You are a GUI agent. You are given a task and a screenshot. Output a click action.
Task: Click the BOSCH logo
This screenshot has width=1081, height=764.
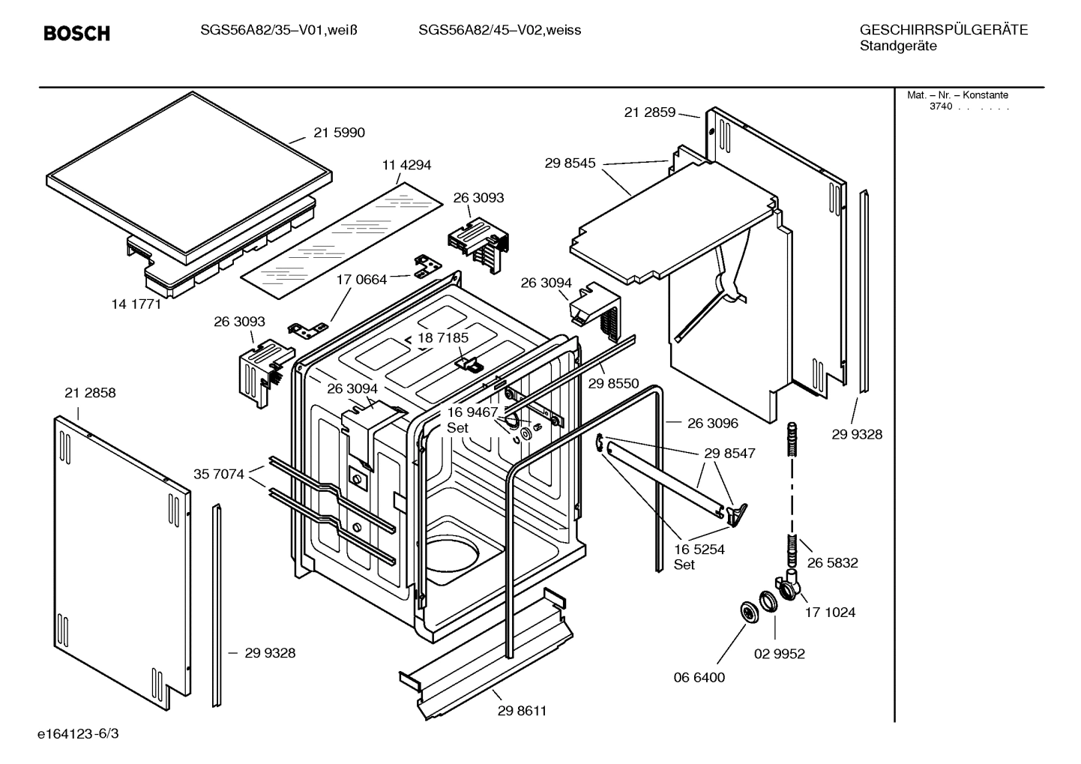tap(76, 33)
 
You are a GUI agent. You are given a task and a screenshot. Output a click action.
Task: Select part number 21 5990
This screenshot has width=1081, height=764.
tap(339, 133)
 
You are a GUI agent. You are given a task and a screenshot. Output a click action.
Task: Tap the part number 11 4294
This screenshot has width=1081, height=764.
tap(406, 165)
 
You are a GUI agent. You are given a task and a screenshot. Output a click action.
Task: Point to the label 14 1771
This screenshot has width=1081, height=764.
tap(136, 304)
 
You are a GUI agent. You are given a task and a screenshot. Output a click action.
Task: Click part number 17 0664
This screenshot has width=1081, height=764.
tap(361, 280)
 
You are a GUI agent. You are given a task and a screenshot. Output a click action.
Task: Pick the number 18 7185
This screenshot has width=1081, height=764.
tap(443, 338)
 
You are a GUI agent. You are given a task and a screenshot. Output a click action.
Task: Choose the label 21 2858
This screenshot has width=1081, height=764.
tap(90, 393)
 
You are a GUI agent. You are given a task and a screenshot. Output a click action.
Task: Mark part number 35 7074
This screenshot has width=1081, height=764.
tap(219, 474)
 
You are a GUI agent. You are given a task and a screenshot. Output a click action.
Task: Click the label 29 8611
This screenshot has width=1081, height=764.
tap(522, 711)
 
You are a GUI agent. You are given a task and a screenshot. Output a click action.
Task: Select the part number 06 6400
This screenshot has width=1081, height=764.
tap(699, 678)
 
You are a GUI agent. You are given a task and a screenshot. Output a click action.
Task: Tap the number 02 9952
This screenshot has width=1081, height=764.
tap(779, 654)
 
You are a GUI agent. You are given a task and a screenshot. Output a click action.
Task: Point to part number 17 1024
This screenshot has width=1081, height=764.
tap(830, 613)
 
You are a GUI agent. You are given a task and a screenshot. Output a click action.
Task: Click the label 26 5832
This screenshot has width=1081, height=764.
tap(832, 563)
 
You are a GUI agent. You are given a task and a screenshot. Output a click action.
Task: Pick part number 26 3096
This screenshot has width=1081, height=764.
tap(712, 424)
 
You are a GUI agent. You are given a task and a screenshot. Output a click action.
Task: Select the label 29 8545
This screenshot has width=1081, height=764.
tap(570, 163)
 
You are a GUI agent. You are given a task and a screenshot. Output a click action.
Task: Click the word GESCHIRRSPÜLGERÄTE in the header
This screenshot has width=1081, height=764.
tap(943, 30)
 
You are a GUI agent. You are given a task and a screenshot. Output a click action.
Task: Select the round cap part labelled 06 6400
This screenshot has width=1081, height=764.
tap(748, 612)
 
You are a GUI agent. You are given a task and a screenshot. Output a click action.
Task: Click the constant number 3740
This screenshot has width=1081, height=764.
tap(940, 106)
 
